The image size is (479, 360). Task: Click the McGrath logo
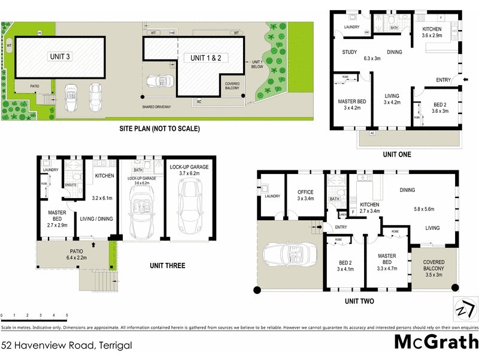coord(436,341)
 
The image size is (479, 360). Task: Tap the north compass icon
coord(466,309)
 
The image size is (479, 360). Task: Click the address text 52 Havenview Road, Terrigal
coord(66,345)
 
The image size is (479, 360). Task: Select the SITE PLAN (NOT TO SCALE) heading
coord(159,128)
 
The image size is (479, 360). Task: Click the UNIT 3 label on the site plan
coord(59,56)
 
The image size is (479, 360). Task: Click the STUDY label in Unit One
coord(350,52)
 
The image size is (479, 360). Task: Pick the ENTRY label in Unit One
coord(444,80)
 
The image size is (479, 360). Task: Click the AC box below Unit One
coord(372,133)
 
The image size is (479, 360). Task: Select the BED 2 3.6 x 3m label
coord(440,107)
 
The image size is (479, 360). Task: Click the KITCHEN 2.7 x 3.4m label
coord(369,208)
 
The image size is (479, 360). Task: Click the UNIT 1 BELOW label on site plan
coord(258,65)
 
